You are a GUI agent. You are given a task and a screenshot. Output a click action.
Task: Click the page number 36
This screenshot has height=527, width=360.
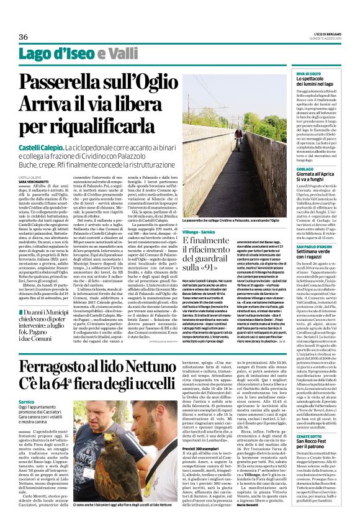(23, 37)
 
